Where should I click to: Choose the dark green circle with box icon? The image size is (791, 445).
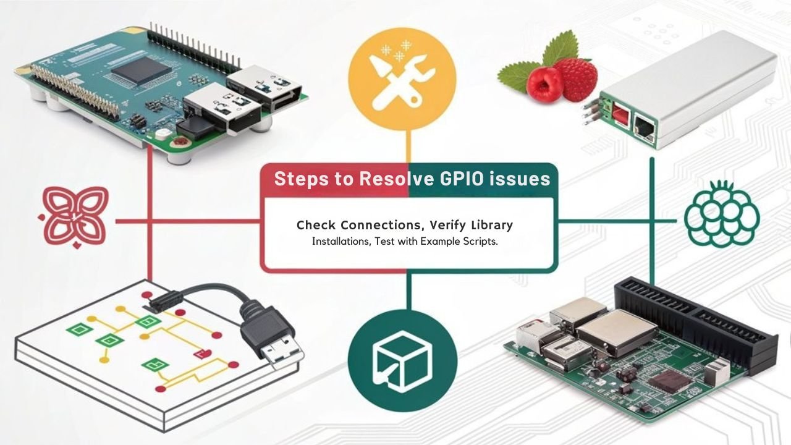[402, 358]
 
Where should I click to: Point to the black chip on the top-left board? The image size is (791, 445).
[141, 72]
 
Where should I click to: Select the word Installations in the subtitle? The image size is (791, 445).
[341, 242]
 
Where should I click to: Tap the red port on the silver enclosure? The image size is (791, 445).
[619, 114]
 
